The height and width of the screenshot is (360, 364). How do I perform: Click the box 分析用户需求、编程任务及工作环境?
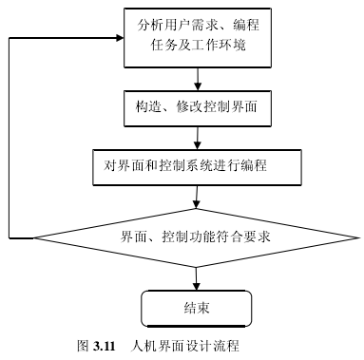pos(197,35)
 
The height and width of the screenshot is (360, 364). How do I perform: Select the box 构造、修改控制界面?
pos(197,110)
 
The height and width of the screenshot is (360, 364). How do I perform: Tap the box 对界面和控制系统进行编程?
pos(197,166)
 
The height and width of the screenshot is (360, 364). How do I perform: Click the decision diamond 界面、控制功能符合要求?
pos(197,237)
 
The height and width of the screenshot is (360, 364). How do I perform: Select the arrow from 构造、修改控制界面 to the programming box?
pos(197,139)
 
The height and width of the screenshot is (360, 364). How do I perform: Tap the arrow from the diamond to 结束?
pos(197,277)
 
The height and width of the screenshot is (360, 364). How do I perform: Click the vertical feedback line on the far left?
pos(8,138)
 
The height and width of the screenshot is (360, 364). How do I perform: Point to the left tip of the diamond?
pos(35,237)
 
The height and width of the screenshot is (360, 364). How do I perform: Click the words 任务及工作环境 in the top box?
pos(197,45)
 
